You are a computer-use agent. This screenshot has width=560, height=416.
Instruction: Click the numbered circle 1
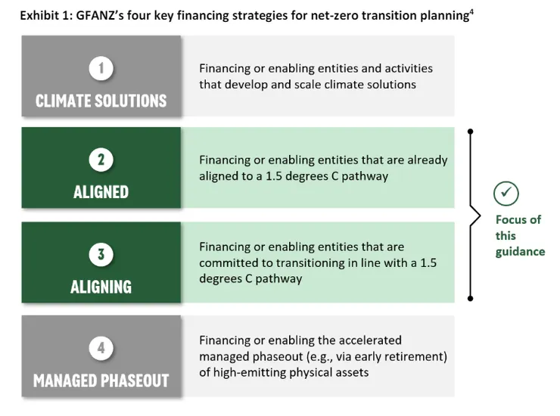pos(101,68)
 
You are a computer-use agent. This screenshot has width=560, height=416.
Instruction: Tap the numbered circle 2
pos(101,160)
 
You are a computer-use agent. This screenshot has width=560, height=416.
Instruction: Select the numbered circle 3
pos(101,254)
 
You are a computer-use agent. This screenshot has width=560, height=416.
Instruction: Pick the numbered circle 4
pos(101,348)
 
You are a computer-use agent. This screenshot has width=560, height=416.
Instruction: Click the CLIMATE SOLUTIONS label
pos(101,101)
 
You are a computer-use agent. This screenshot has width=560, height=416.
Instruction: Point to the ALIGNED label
pos(101,192)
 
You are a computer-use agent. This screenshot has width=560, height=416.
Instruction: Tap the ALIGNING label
pos(101,287)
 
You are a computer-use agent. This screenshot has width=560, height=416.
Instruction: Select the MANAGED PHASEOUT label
pos(101,380)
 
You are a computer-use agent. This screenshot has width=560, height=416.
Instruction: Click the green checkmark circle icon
pos(506,194)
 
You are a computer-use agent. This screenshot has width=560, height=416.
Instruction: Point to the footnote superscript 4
pos(471,12)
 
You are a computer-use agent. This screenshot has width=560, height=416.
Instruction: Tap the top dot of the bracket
pos(471,132)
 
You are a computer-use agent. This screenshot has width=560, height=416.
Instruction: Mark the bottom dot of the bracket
pos(471,299)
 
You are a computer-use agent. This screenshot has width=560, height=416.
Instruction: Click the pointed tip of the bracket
pos(480,216)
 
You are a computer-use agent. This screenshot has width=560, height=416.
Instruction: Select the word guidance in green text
pos(520,252)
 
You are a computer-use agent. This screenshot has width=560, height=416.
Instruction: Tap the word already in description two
pos(428,160)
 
